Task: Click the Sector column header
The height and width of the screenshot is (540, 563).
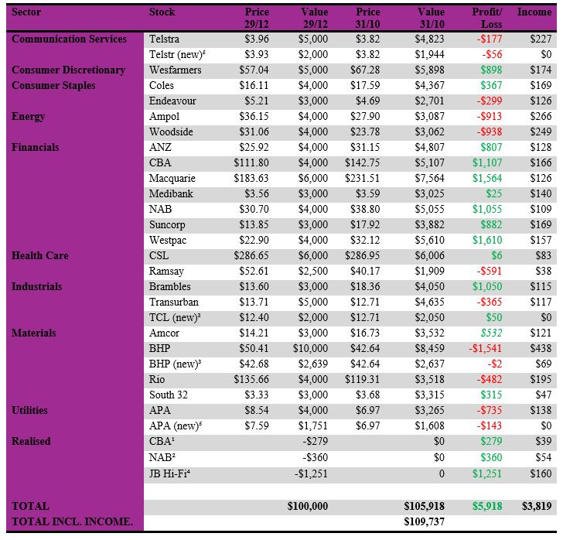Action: coord(27,12)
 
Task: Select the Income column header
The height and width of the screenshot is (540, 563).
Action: coord(534,12)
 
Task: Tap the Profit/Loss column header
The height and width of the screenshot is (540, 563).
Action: coord(487,18)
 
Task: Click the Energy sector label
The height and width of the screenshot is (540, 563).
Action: coord(28,117)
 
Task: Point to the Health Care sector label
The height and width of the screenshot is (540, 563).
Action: coord(39,256)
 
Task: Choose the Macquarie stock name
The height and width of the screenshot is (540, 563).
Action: coord(172,179)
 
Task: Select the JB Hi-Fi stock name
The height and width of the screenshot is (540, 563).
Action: coord(170,473)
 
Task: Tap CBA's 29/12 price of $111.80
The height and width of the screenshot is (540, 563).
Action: coord(251,163)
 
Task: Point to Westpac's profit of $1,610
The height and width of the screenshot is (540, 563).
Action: coord(486,241)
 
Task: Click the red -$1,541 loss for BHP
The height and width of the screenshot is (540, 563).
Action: coord(484,349)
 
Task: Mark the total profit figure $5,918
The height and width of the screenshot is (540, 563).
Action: coord(486,507)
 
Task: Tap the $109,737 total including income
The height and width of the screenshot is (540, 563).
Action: coord(425,522)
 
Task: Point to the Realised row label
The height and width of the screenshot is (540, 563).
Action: coord(31,442)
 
